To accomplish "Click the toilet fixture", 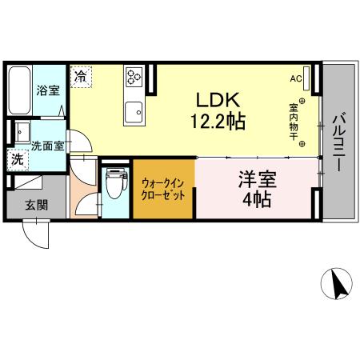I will click(x=116, y=185).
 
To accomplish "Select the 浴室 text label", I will click(x=48, y=90).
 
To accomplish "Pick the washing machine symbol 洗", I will click(x=17, y=159).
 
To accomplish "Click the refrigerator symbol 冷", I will click(x=81, y=77).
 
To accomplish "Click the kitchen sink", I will click(x=133, y=111).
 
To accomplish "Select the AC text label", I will click(x=296, y=78).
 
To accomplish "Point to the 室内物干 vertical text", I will click(x=294, y=121).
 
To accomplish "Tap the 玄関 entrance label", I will click(x=35, y=205).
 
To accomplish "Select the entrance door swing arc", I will click(x=36, y=236).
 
